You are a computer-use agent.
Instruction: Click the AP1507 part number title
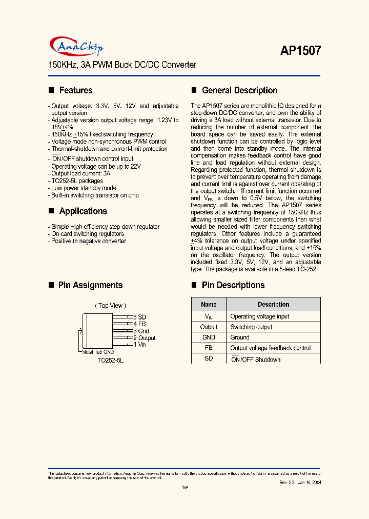[x=300, y=50]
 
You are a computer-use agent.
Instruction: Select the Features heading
[x=76, y=90]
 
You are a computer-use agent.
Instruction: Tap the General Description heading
[x=239, y=90]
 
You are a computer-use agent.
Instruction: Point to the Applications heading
[x=83, y=211]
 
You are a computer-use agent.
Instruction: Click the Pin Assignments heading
[x=90, y=285]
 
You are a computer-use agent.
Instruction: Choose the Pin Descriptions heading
[x=233, y=285]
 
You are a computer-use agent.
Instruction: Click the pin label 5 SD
[x=139, y=317]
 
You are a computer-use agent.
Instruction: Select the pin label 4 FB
[x=139, y=324]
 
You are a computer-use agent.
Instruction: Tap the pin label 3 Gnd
[x=141, y=331]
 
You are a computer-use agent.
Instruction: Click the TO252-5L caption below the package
[x=111, y=361]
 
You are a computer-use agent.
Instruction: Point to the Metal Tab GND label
[x=98, y=352]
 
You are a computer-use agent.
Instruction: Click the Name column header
[x=209, y=304]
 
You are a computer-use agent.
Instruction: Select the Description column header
[x=273, y=304]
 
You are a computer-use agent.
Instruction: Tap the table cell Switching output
[x=251, y=327]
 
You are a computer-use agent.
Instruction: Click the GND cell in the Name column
[x=209, y=337]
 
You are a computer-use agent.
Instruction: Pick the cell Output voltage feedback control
[x=270, y=348]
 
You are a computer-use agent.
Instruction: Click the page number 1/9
[x=185, y=488]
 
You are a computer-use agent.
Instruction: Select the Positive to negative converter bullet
[x=88, y=241]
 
